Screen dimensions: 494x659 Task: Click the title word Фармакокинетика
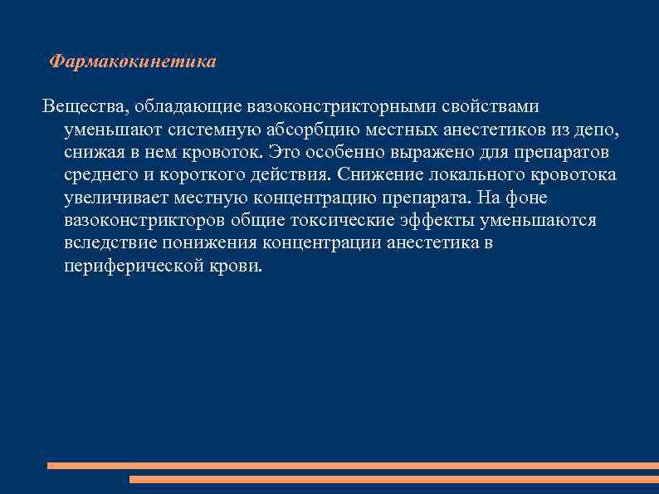pos(133,62)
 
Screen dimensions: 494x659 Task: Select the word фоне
pos(527,198)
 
